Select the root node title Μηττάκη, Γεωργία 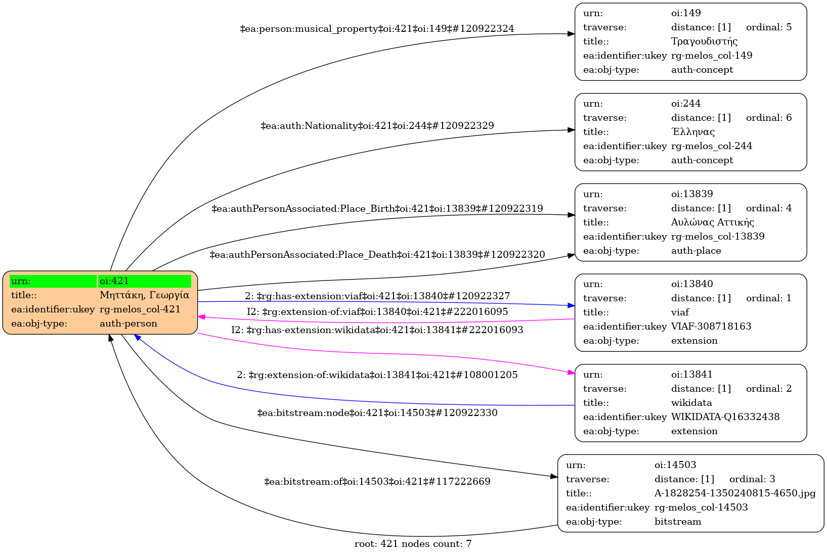coord(144,295)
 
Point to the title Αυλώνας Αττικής coord(713,222)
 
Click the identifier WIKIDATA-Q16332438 coord(725,417)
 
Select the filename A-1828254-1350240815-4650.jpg coord(735,493)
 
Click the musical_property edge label coord(377,29)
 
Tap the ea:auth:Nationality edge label coord(377,126)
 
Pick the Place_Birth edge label coord(377,209)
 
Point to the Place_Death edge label coord(377,255)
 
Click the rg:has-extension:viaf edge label coord(377,296)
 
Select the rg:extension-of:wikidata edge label coord(377,375)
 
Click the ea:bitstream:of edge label coord(377,482)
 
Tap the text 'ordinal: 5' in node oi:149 coord(769,27)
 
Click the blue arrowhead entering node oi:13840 coord(571,305)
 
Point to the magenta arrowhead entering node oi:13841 coord(571,373)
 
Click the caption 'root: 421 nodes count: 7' coord(413,544)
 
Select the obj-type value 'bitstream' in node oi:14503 coord(678,522)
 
